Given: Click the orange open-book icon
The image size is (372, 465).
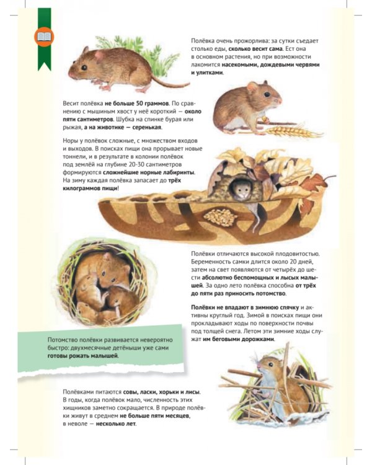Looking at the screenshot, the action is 44,37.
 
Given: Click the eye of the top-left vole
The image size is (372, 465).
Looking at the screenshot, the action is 84,68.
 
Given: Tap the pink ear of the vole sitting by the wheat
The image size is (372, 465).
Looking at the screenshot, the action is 253,87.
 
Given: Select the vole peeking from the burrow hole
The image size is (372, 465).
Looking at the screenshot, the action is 241,189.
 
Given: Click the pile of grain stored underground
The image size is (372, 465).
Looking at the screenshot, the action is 221,216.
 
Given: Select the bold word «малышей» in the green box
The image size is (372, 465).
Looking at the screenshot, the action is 104,356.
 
